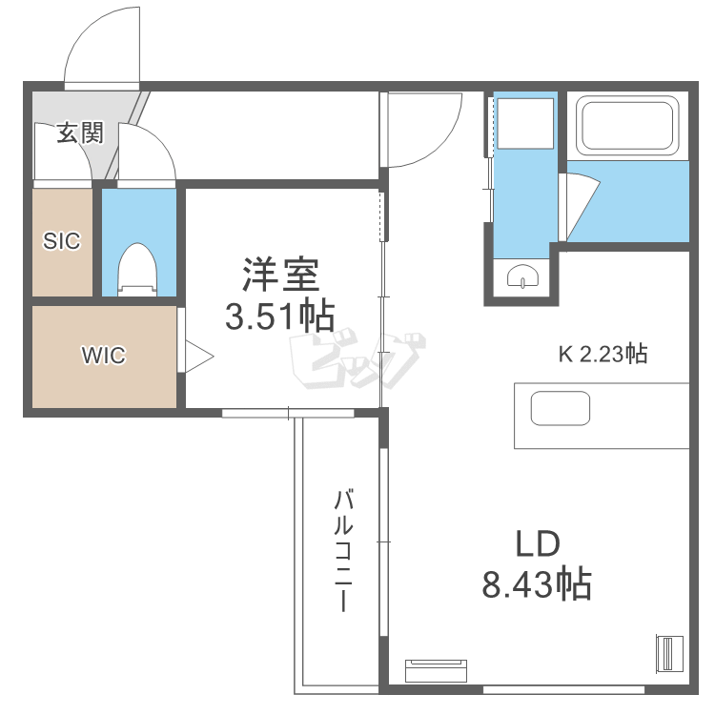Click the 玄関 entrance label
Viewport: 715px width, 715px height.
pyautogui.click(x=79, y=133)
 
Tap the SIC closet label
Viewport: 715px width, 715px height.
pyautogui.click(x=62, y=241)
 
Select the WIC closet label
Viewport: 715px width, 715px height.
pyautogui.click(x=103, y=356)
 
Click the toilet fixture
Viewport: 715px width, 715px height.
pyautogui.click(x=138, y=270)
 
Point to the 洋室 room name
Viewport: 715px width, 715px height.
pyautogui.click(x=280, y=276)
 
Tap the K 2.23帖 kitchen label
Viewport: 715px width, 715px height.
pyautogui.click(x=603, y=355)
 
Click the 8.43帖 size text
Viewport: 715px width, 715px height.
pyautogui.click(x=537, y=582)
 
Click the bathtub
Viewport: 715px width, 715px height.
pyautogui.click(x=628, y=126)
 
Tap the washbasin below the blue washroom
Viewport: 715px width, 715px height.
pyautogui.click(x=521, y=276)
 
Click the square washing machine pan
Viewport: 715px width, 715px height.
pyautogui.click(x=523, y=123)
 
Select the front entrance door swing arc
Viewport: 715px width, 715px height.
pyautogui.click(x=100, y=48)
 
